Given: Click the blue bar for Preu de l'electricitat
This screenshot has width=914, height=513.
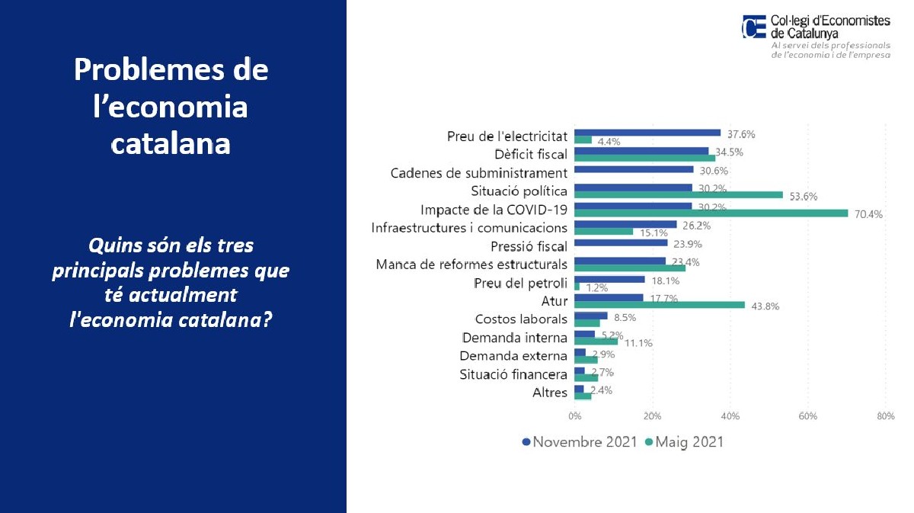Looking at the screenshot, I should tap(647, 133).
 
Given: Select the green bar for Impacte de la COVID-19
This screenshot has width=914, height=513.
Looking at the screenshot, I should tap(711, 213).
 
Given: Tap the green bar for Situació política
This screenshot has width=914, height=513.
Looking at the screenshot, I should tap(679, 195).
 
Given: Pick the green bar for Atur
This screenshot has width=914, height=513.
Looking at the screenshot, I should tap(660, 305).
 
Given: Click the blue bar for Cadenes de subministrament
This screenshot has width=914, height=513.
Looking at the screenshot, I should tap(634, 169).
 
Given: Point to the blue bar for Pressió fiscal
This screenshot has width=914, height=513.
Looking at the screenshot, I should tap(621, 243).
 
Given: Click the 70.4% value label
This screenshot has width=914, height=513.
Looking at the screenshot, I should tap(868, 214).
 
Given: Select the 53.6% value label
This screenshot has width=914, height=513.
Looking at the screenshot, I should tap(803, 196).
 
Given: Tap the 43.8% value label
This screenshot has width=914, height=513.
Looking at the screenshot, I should tap(765, 306).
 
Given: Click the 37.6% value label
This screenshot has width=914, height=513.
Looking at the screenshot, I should tap(740, 133).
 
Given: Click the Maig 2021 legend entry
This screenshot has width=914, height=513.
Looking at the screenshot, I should tap(684, 442).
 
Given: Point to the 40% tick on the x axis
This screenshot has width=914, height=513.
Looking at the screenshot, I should tap(730, 416).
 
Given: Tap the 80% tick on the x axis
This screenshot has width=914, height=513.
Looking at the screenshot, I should tap(885, 416).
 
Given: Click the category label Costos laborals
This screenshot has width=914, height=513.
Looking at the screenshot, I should tap(521, 319).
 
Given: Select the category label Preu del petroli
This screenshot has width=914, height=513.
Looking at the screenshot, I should tap(521, 284).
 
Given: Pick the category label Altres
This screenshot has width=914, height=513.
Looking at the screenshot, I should tap(550, 393).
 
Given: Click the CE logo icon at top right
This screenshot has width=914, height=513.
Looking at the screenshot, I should tap(754, 27).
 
